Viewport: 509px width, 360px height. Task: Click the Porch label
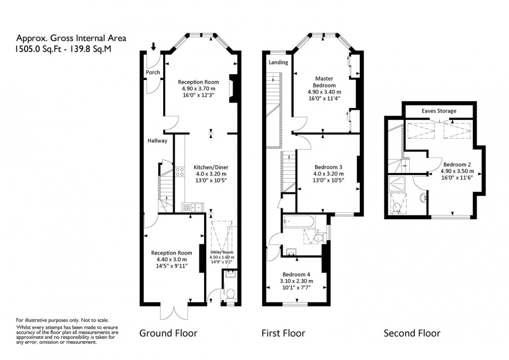click(x=153, y=72)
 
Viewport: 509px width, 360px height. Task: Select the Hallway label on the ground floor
click(x=156, y=140)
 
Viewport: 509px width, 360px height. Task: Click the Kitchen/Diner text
click(x=211, y=167)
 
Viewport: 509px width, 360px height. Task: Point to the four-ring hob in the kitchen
click(x=180, y=171)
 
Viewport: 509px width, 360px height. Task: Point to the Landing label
click(x=277, y=62)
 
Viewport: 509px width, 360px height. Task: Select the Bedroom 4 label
click(x=296, y=274)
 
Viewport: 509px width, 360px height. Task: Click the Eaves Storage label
click(x=439, y=111)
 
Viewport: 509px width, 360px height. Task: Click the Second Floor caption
click(x=411, y=333)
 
